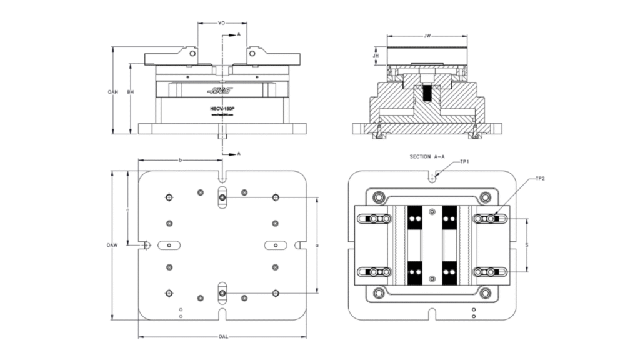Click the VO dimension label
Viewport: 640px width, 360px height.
[221, 23]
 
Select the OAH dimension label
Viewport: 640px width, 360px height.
[112, 91]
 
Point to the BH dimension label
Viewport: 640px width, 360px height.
[130, 91]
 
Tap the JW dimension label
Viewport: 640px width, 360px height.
[428, 36]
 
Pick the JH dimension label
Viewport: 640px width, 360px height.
[376, 56]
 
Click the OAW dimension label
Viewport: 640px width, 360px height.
[112, 245]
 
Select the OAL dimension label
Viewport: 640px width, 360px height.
[222, 337]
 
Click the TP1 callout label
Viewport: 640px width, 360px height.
[464, 161]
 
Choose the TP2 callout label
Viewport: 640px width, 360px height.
[541, 179]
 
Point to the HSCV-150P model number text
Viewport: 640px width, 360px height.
[222, 108]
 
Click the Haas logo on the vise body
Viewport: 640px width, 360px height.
[219, 91]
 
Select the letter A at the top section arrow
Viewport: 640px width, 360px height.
[239, 36]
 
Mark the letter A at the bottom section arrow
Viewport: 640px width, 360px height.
[239, 152]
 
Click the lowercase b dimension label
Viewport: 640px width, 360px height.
[181, 161]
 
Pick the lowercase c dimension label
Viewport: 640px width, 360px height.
[127, 209]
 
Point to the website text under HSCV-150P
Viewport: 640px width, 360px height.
[222, 114]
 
